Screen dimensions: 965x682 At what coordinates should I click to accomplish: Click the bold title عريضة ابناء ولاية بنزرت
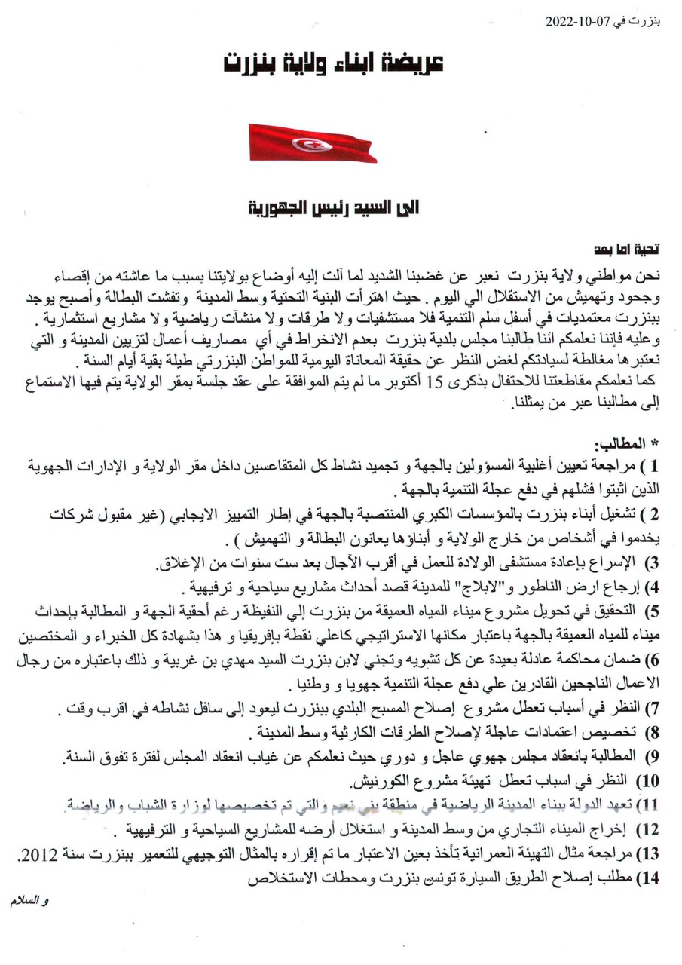[x=333, y=65]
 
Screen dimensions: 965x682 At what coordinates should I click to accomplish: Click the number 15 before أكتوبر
[x=435, y=382]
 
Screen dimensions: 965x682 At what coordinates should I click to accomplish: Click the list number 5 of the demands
[x=654, y=608]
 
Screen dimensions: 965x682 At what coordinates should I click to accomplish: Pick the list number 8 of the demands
[x=654, y=732]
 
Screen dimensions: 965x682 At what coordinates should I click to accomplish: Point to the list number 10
[x=650, y=780]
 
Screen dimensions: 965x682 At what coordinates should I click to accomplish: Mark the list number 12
[x=650, y=829]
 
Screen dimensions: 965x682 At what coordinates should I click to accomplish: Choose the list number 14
[x=650, y=878]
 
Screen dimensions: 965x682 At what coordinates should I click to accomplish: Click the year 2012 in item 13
[x=38, y=854]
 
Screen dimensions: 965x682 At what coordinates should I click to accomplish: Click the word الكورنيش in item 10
[x=381, y=780]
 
